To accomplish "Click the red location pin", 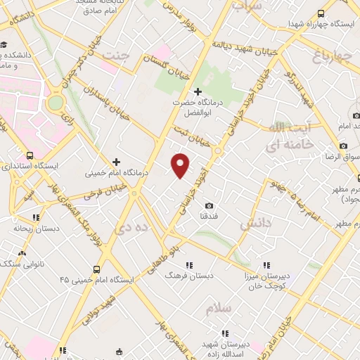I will click(181, 165).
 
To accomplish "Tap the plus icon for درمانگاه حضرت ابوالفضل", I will click(198, 91).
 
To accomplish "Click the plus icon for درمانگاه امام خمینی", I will click(117, 161).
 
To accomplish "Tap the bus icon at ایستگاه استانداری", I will click(30, 155).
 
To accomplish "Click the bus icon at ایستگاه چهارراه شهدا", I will click(321, 13).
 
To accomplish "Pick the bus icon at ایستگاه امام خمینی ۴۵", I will click(97, 269).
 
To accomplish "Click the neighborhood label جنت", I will click(116, 54).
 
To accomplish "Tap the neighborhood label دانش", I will click(255, 224).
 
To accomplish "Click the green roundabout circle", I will click(56, 103).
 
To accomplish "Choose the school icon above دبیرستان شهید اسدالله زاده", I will click(225, 333).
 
